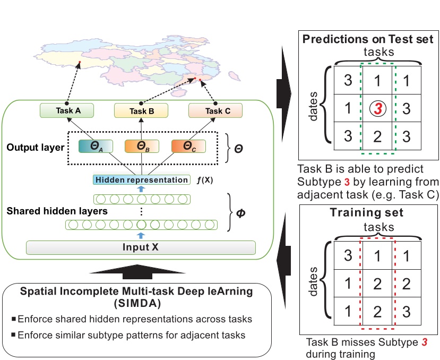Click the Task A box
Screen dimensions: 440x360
pyautogui.click(x=67, y=110)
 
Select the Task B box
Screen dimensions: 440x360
pyautogui.click(x=141, y=110)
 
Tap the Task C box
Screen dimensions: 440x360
pyautogui.click(x=215, y=110)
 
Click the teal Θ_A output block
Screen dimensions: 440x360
pyautogui.click(x=96, y=147)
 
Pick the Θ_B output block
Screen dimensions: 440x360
pyautogui.click(x=142, y=147)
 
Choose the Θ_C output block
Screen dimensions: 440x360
pyautogui.click(x=188, y=147)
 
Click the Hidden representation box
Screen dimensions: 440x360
pyautogui.click(x=141, y=179)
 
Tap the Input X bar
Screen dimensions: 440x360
pyautogui.click(x=141, y=247)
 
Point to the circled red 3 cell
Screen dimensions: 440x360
pyautogui.click(x=378, y=108)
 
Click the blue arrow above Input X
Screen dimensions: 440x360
pyautogui.click(x=141, y=235)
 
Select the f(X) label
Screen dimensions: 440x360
pyautogui.click(x=204, y=180)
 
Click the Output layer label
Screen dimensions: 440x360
pyautogui.click(x=36, y=148)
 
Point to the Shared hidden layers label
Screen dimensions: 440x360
pyautogui.click(x=57, y=211)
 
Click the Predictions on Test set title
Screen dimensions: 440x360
pyautogui.click(x=368, y=39)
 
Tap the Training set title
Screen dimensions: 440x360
pyautogui.click(x=366, y=212)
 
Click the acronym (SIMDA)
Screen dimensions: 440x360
pyautogui.click(x=137, y=304)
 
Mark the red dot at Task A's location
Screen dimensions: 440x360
pyautogui.click(x=80, y=62)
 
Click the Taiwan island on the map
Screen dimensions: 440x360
pyautogui.click(x=234, y=76)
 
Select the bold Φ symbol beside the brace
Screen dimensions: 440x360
pyautogui.click(x=241, y=213)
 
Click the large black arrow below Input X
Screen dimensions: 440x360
pyautogui.click(x=137, y=271)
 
